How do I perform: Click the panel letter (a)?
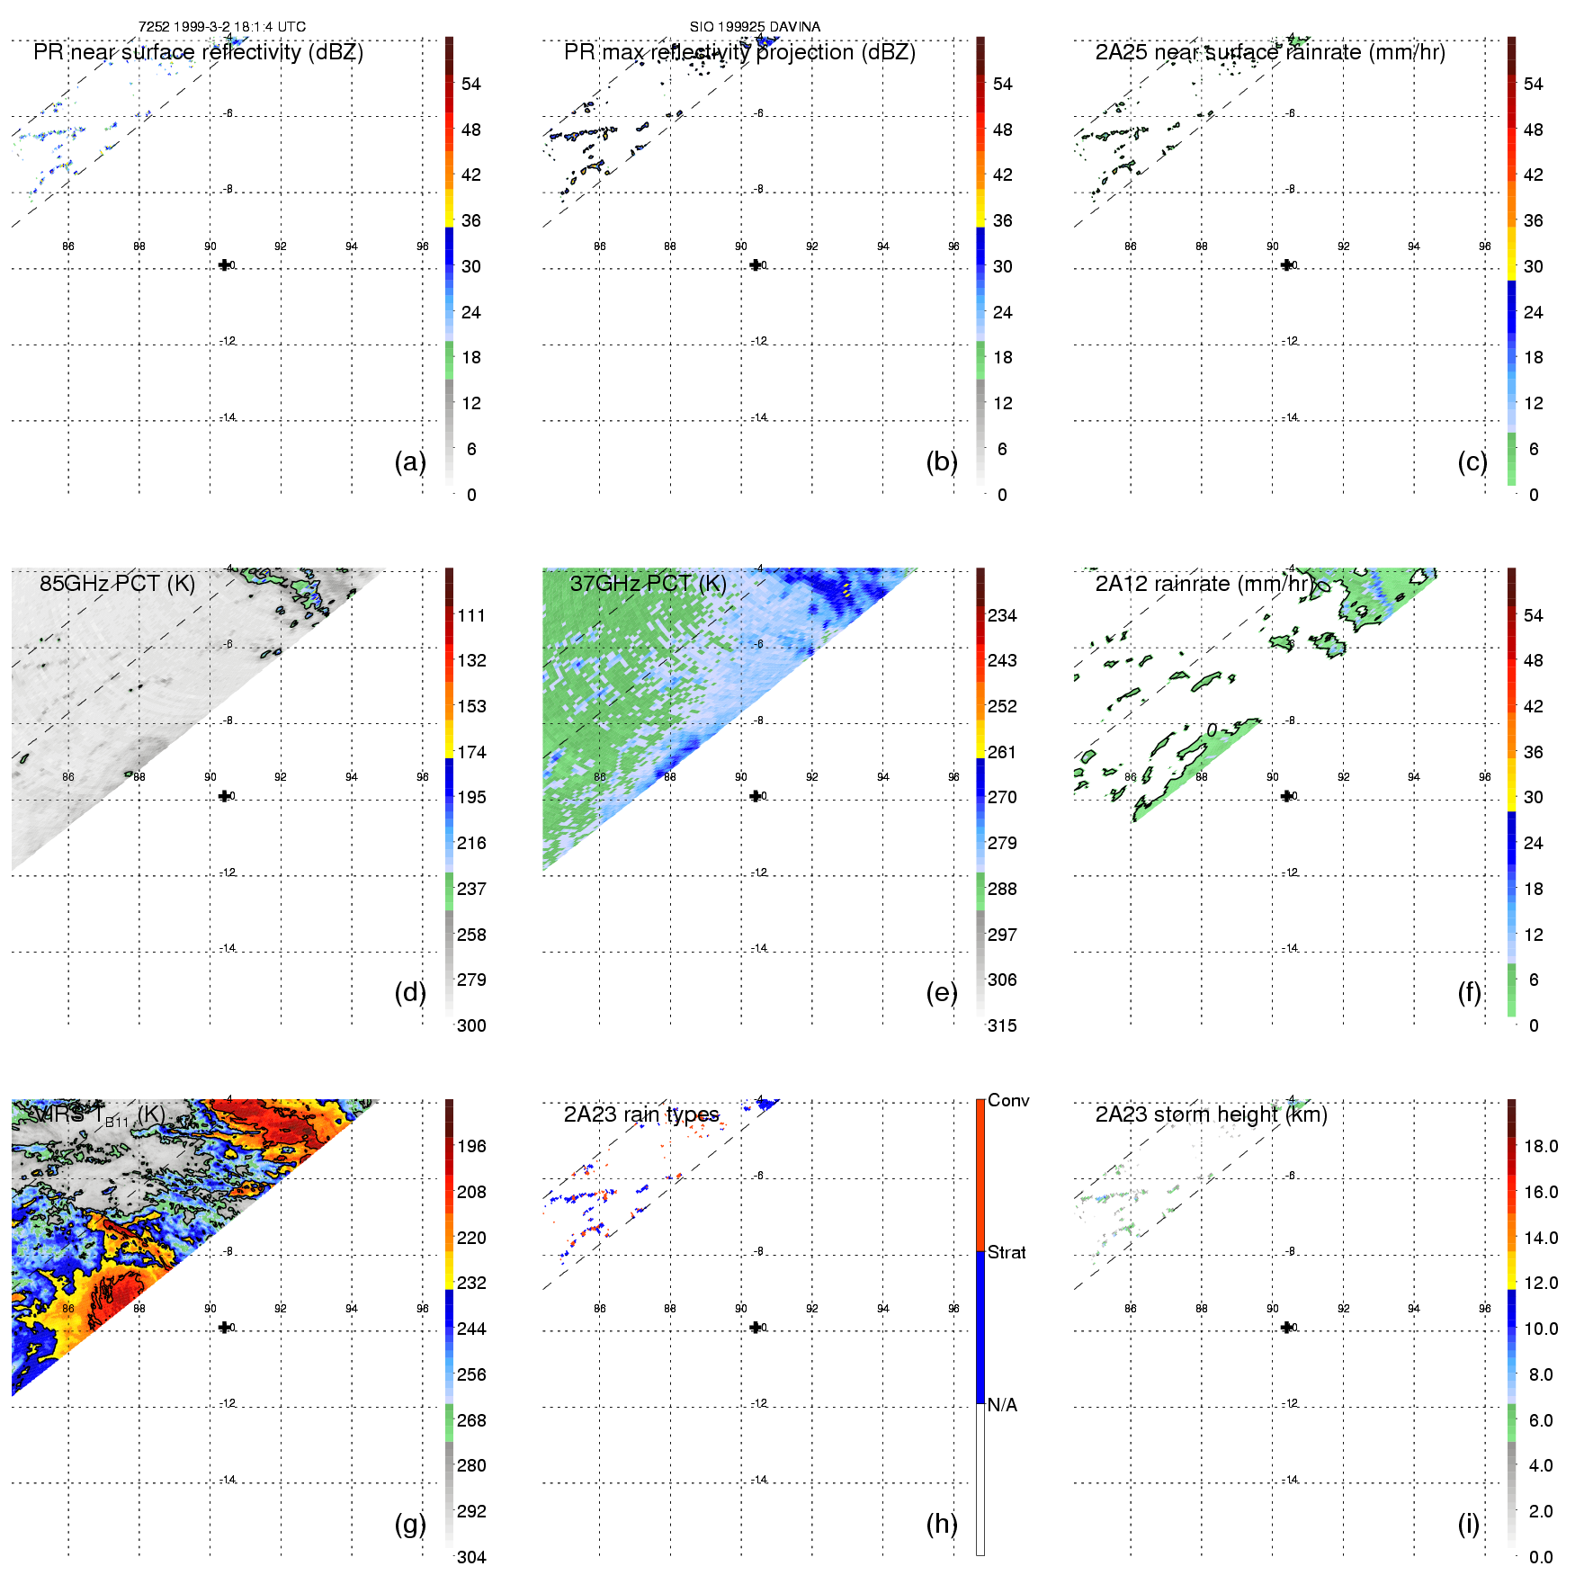coord(409,461)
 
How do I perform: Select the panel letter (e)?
coord(941,992)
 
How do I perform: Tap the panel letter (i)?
coord(1468,1524)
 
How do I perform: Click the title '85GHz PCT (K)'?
coord(117,583)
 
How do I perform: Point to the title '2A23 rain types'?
coord(641,1114)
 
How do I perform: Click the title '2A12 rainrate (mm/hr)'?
coord(1204,583)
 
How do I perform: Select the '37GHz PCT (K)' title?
coord(648,583)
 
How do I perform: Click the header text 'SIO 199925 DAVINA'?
coord(755,27)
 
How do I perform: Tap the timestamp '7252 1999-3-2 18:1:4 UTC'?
coord(222,27)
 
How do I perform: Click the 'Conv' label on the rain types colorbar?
coord(1008,1100)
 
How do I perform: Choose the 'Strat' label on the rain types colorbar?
coord(1007,1252)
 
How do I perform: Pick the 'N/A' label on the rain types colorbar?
coord(1002,1405)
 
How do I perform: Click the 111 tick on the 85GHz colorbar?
coord(471,615)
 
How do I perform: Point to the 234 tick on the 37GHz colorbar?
coord(1002,615)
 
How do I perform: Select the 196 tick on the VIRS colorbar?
coord(471,1146)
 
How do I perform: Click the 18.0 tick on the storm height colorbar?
coord(1541,1146)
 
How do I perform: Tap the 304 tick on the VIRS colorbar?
coord(471,1557)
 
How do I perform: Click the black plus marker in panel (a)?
coord(224,264)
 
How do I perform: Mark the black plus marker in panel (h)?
coord(756,1327)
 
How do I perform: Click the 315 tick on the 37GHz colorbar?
coord(1002,1025)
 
